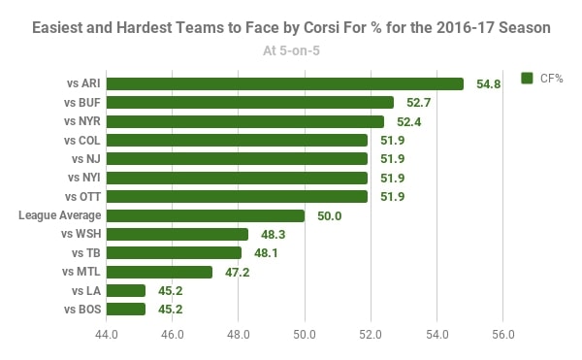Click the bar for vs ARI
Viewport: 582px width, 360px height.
click(285, 84)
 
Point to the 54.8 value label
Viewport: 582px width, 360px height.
click(489, 84)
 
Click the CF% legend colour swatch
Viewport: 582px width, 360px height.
click(528, 78)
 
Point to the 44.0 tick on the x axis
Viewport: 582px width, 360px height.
click(107, 335)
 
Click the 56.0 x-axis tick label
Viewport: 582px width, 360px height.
click(502, 335)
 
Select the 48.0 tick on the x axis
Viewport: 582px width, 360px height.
click(239, 335)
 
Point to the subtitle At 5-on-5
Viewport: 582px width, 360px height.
click(291, 51)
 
